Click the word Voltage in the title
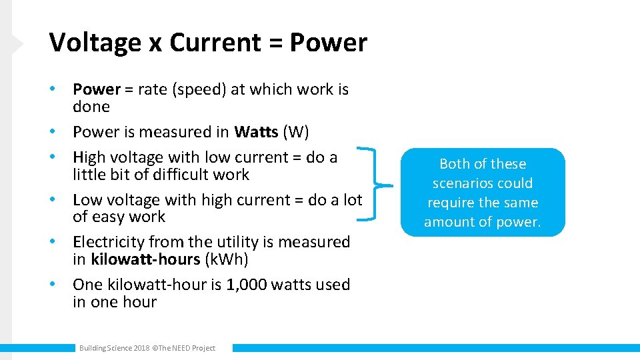point(95,43)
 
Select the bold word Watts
point(256,132)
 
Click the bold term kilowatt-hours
point(146,259)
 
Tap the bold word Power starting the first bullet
point(97,89)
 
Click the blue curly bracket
point(377,183)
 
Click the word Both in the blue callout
point(455,164)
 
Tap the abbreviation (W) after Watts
point(296,132)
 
